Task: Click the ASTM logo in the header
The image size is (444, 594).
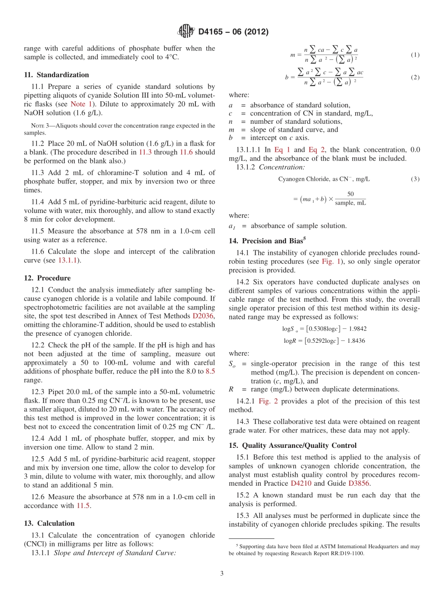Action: [186, 32]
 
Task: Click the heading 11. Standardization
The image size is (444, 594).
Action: [56, 75]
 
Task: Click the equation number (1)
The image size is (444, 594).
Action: [415, 55]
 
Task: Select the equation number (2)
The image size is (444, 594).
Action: [415, 78]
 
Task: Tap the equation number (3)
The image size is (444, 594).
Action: [415, 179]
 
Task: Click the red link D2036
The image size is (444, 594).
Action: [204, 316]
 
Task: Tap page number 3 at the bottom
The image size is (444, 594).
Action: [222, 573]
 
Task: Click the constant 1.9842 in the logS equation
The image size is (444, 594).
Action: [354, 329]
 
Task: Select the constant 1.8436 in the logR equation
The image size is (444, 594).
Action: [354, 340]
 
